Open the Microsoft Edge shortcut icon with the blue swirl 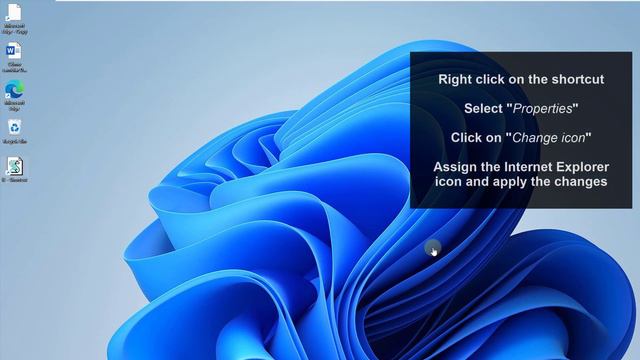[x=15, y=89]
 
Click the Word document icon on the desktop [x=15, y=50]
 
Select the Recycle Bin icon [x=15, y=127]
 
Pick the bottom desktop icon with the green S [x=15, y=166]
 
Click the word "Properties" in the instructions [x=545, y=108]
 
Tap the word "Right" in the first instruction [x=457, y=79]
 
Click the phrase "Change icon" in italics [x=549, y=137]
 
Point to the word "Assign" [x=456, y=166]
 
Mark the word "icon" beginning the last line [x=448, y=182]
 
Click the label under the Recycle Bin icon [x=15, y=142]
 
